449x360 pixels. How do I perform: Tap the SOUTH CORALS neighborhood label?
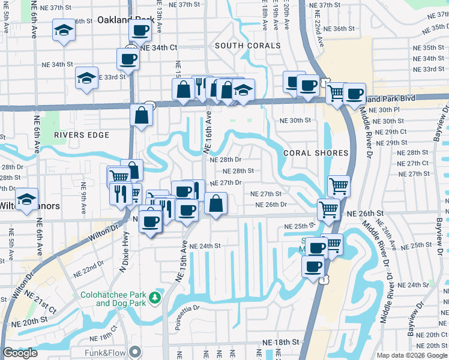point(248,46)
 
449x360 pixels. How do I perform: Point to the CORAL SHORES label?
point(316,153)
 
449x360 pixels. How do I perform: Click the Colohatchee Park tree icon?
point(156,298)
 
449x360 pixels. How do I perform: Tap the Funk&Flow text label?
point(104,351)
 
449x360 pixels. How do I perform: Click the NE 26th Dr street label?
point(271,205)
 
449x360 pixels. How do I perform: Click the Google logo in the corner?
point(20,353)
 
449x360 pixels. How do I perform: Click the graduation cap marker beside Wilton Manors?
point(26,199)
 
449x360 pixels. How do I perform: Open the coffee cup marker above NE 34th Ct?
point(140,30)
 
